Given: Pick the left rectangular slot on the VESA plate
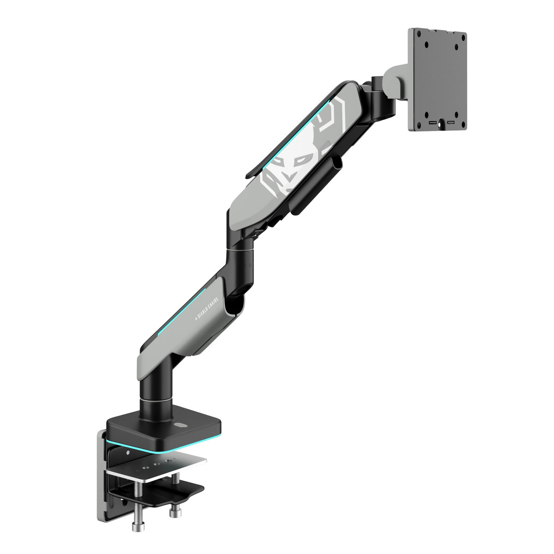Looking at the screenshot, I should (x=432, y=123).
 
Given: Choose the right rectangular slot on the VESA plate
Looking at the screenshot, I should (x=450, y=123).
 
